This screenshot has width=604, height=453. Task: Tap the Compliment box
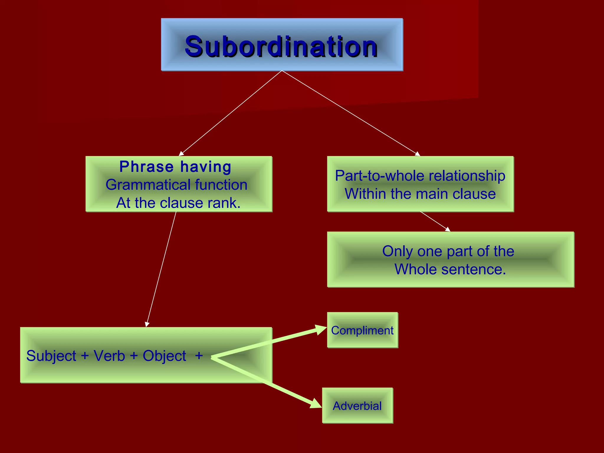pyautogui.click(x=362, y=330)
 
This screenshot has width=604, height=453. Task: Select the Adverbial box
pyautogui.click(x=357, y=406)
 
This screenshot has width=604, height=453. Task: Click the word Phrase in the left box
pyautogui.click(x=146, y=167)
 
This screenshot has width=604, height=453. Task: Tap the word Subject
pyautogui.click(x=51, y=356)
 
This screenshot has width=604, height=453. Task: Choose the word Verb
pyautogui.click(x=109, y=356)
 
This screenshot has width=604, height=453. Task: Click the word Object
pyautogui.click(x=164, y=356)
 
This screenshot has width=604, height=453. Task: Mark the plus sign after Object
pyautogui.click(x=199, y=355)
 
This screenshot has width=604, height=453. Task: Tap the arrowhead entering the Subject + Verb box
pyautogui.click(x=147, y=324)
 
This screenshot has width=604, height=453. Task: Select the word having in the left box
pyautogui.click(x=206, y=167)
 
